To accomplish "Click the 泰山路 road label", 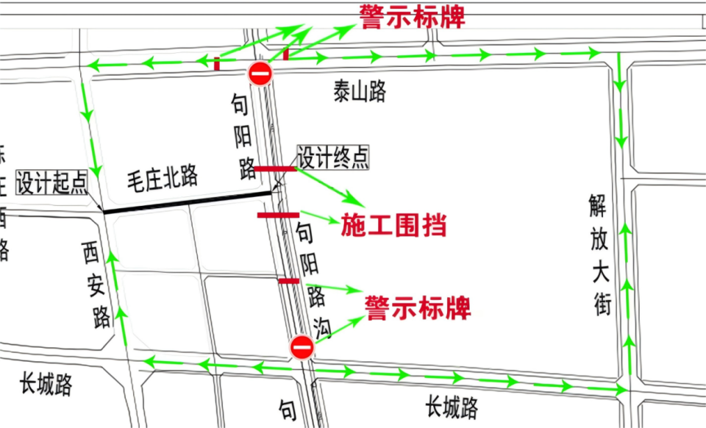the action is point(360,92).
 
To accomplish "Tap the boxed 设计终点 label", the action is point(333,157).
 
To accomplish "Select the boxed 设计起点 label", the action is point(51,182).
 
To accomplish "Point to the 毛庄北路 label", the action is point(163,176).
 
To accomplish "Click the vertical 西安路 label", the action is point(96,287).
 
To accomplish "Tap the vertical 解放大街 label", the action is point(600,254).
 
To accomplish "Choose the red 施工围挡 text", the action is point(393,225).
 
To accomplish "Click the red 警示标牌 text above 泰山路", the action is point(412,16).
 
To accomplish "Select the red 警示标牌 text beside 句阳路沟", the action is point(418,307).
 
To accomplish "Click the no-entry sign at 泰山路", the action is point(260,74).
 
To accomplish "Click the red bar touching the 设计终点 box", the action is point(275,169).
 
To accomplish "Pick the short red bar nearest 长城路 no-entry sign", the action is point(289,281).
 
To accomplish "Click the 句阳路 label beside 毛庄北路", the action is point(243,140).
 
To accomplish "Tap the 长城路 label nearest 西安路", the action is point(46,383).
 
